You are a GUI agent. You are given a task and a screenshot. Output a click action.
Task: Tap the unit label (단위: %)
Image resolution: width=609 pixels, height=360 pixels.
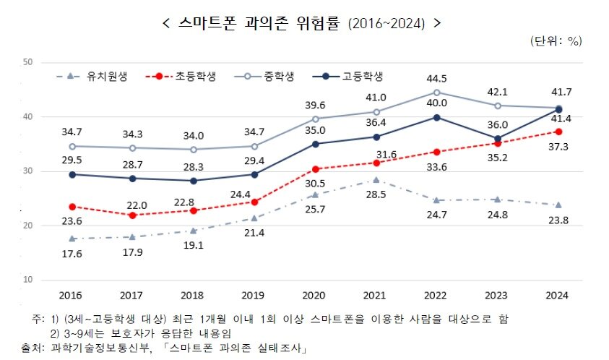click(556, 41)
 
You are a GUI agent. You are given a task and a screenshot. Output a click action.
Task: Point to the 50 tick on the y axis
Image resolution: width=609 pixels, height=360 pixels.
click(28, 62)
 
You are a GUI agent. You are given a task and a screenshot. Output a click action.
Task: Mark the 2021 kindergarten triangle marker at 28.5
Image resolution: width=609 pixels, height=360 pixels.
click(376, 180)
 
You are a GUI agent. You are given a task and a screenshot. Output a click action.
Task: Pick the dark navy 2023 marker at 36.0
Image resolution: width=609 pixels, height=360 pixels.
click(498, 138)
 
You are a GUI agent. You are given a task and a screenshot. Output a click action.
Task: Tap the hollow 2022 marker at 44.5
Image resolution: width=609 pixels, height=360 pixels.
click(437, 92)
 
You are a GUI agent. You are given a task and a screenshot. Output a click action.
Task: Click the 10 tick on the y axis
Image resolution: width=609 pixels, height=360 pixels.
click(28, 280)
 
